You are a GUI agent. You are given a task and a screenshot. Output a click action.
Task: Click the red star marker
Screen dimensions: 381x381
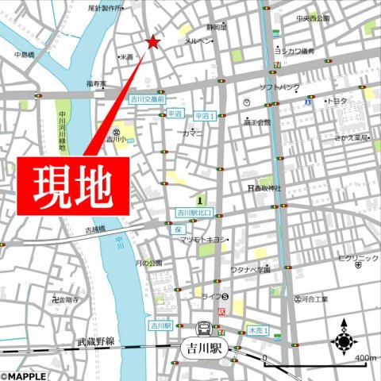pos(152,42)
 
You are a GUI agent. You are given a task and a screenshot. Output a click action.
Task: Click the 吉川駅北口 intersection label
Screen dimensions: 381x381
pos(194,214)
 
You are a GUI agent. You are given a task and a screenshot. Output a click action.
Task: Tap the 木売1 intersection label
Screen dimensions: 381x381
pos(258,329)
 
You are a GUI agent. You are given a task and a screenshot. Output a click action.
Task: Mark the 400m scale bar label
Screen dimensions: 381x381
pos(365,359)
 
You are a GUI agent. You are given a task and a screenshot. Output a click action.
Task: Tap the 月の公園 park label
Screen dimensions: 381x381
pos(148,263)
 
